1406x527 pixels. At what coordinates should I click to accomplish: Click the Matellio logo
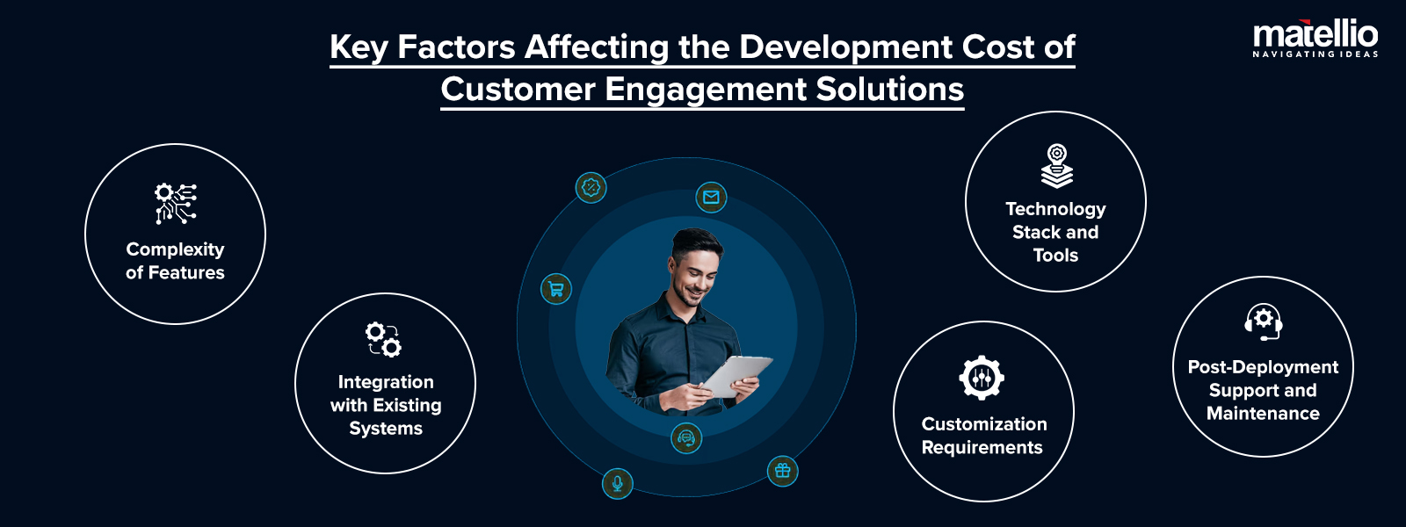pos(1315,38)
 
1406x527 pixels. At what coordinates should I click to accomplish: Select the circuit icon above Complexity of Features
pos(176,203)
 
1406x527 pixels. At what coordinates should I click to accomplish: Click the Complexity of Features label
pos(175,261)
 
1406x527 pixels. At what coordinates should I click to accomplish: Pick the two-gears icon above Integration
pos(384,339)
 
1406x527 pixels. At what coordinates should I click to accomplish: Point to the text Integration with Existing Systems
pos(386,405)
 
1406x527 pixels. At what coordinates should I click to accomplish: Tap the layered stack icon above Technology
pos(1056,167)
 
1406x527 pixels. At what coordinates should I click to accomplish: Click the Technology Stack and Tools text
pos(1055,232)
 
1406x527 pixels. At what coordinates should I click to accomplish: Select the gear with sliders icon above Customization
pos(982,379)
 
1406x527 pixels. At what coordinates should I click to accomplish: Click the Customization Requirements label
pos(983,436)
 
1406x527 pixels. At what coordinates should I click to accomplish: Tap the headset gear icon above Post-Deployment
pos(1264,321)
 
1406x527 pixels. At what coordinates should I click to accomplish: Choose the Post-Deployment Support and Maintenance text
pos(1263,390)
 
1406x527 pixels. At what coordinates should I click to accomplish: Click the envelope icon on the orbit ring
pos(711,197)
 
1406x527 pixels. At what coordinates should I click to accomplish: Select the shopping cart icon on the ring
pos(556,289)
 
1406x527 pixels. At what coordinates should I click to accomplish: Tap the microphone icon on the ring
pos(617,483)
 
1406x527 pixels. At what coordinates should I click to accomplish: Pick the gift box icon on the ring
pos(782,472)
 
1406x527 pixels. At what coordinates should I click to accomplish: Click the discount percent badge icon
pos(591,187)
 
